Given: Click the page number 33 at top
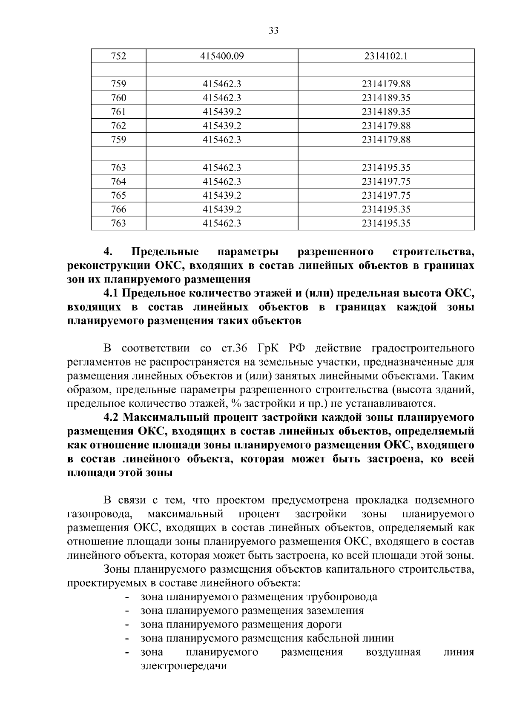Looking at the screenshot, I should (x=273, y=31).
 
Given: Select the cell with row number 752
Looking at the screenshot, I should (x=118, y=56).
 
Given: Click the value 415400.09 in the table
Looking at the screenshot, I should (x=222, y=56).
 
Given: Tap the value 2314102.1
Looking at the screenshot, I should (x=386, y=56).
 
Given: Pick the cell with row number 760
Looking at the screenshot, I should (x=118, y=98).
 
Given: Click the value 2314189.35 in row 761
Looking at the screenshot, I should (x=386, y=112).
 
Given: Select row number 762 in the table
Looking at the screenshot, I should (x=118, y=126).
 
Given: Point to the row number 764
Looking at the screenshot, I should (x=118, y=182).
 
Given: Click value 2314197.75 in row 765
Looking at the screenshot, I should (x=386, y=195).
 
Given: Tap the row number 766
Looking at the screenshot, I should (x=118, y=209).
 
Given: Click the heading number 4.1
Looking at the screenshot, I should (x=112, y=293).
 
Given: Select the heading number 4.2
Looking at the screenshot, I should (x=112, y=417).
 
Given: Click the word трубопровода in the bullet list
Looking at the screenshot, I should (x=342, y=596).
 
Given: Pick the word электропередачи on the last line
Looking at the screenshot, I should (x=184, y=666).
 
